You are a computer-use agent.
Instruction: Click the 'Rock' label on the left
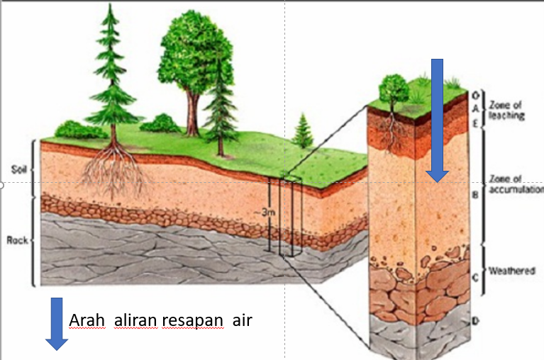tap(17, 240)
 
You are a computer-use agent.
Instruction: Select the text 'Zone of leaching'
tap(506, 111)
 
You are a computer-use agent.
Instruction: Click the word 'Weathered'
tap(512, 271)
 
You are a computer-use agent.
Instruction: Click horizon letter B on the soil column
tap(475, 191)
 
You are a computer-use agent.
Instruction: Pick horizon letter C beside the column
tap(476, 277)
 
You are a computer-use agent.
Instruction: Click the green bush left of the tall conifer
tap(72, 130)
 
